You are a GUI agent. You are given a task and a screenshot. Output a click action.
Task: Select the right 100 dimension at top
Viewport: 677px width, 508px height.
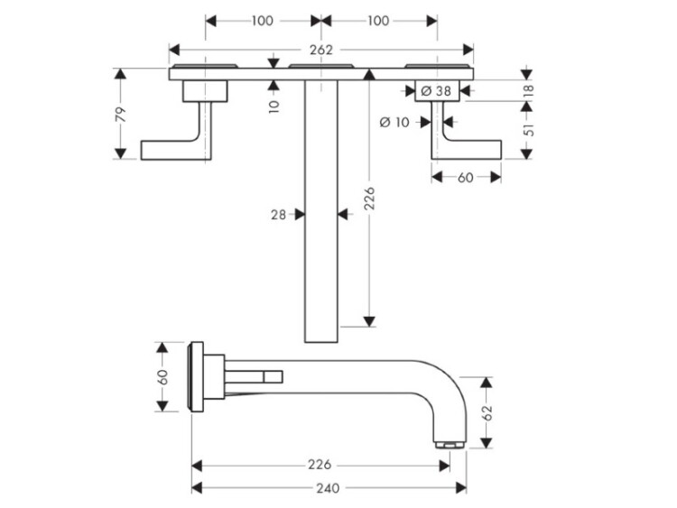tap(379, 20)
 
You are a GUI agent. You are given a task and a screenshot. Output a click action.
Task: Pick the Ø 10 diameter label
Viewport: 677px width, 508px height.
tap(394, 122)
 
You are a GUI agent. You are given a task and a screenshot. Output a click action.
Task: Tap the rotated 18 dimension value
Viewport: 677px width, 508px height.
tap(529, 89)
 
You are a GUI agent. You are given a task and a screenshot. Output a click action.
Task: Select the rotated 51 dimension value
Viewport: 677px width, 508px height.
tap(529, 129)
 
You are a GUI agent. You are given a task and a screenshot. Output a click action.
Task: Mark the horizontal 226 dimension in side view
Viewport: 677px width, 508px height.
tap(320, 465)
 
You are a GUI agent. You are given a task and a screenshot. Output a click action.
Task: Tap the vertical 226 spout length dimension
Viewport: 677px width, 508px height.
tap(368, 198)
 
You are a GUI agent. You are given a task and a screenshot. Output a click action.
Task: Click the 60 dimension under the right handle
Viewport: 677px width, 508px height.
tap(466, 177)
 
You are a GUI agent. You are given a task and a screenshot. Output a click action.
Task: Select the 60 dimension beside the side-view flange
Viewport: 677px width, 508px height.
tap(163, 376)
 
